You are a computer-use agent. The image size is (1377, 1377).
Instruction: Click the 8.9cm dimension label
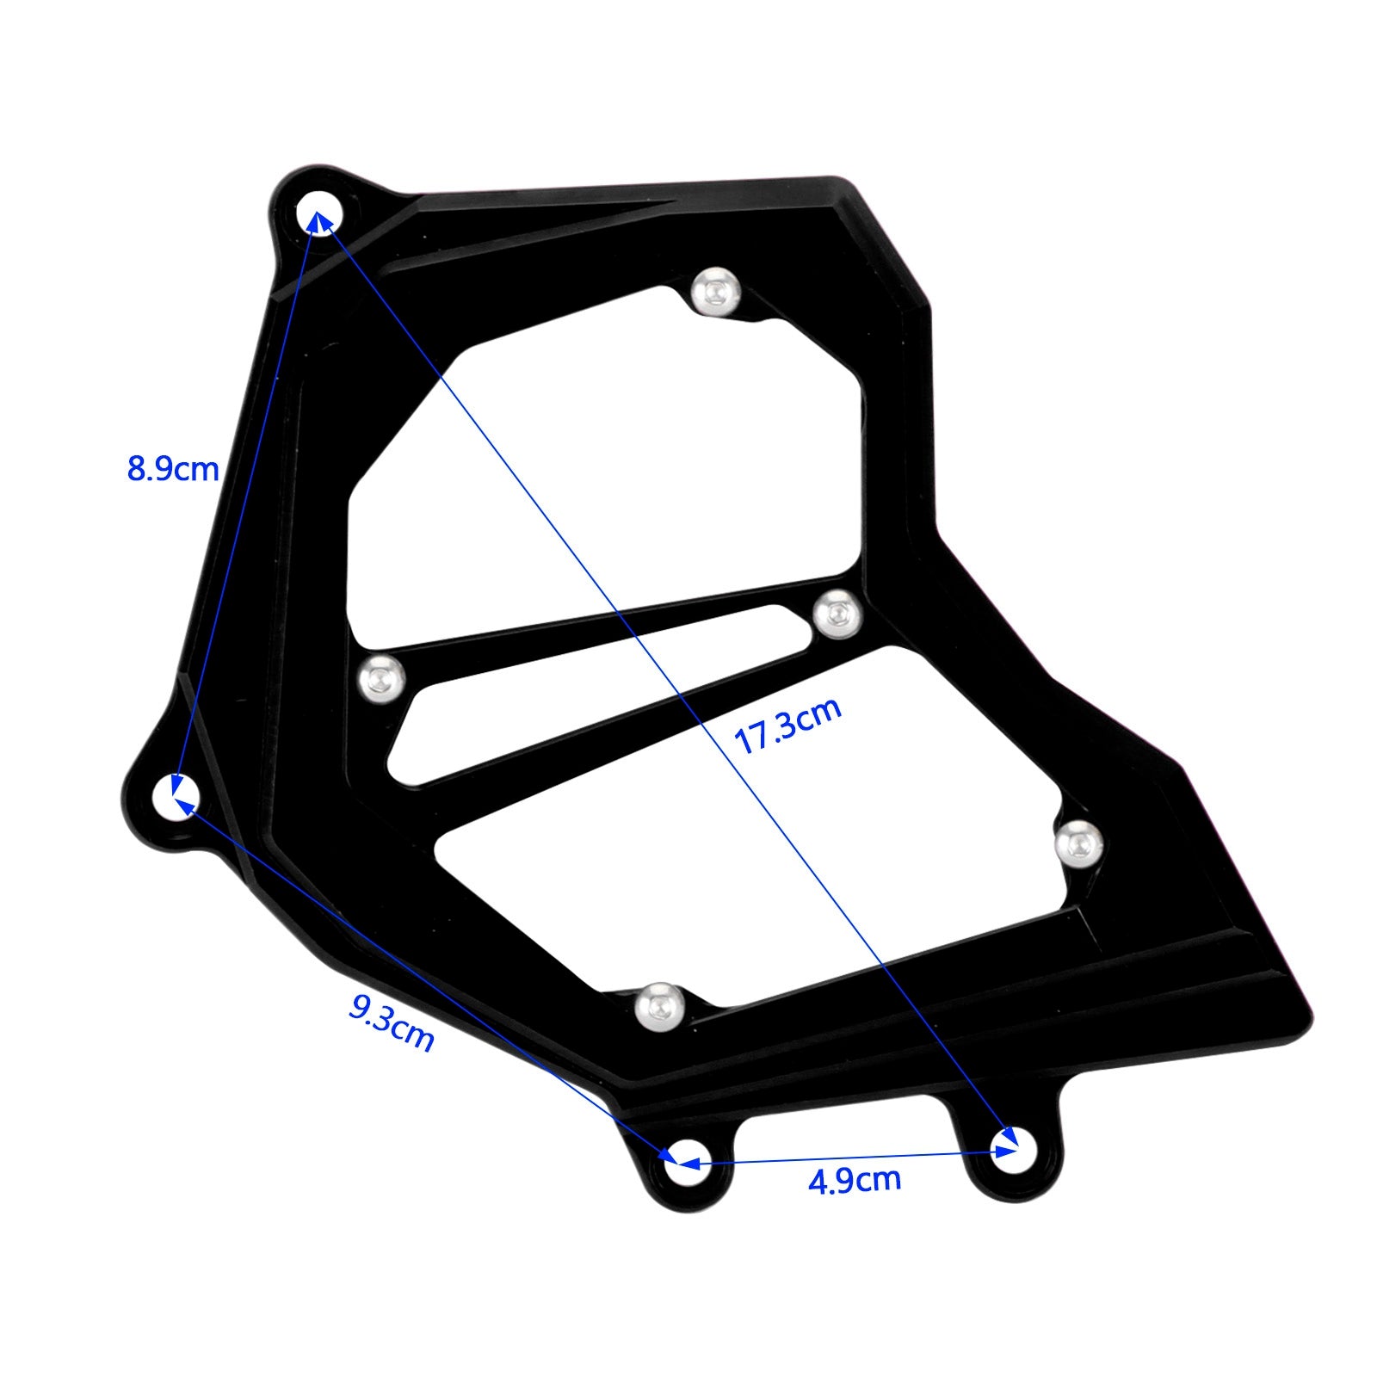point(173,469)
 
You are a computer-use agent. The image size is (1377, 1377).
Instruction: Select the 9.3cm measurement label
point(392,1022)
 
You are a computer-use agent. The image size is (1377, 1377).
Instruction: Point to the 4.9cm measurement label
point(854,1180)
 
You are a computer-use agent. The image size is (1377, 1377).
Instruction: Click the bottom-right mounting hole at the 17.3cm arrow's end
point(1015,1148)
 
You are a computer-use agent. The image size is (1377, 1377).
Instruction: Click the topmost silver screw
point(716,291)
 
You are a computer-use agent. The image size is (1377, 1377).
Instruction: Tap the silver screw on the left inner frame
point(381,679)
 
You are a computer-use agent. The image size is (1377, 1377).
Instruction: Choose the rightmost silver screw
point(1078,844)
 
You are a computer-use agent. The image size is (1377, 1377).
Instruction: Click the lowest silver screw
point(660,1005)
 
